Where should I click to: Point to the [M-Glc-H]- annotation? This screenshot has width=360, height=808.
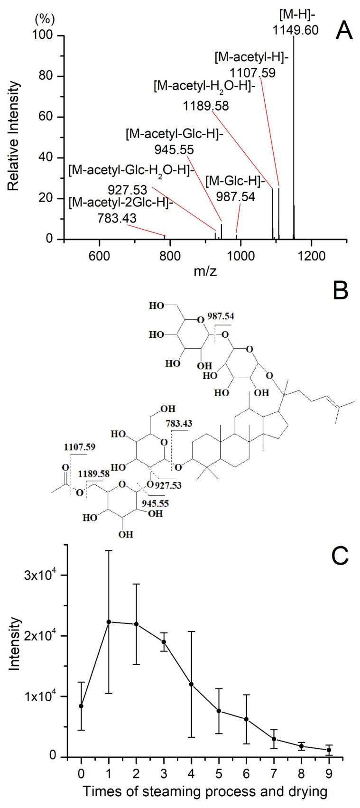coord(231,180)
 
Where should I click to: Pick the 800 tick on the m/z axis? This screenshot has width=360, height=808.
coord(170,254)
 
